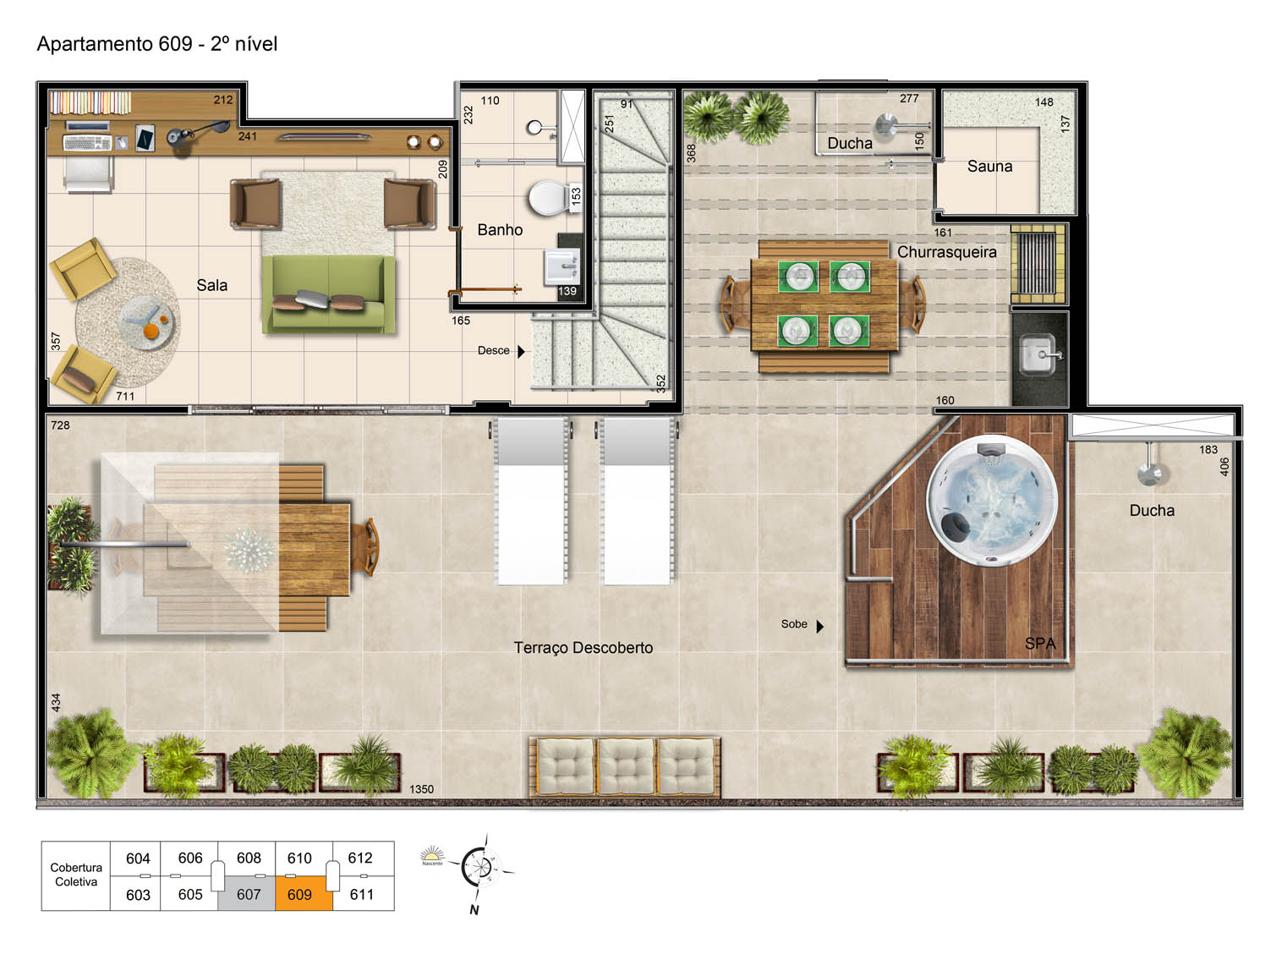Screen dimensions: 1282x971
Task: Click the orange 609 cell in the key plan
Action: [303, 892]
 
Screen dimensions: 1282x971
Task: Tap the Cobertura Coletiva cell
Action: [76, 875]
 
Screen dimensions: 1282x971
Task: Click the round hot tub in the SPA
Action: [991, 501]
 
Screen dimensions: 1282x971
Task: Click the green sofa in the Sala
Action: [328, 293]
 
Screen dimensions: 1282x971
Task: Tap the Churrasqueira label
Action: [946, 252]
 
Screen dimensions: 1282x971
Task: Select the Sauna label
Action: [989, 167]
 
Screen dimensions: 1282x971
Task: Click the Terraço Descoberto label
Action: [583, 647]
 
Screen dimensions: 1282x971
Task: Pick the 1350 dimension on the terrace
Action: [421, 789]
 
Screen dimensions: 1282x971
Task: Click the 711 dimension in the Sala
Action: [125, 396]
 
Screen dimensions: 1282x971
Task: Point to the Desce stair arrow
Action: [521, 351]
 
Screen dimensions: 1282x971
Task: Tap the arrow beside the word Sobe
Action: [819, 626]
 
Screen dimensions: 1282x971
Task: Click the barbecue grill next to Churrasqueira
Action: [1038, 263]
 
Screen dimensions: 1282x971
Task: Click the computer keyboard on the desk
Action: [87, 143]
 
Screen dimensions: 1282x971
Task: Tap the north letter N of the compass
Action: [474, 909]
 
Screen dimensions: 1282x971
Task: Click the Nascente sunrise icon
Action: [432, 855]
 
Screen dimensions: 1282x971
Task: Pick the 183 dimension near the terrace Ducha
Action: [1208, 449]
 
